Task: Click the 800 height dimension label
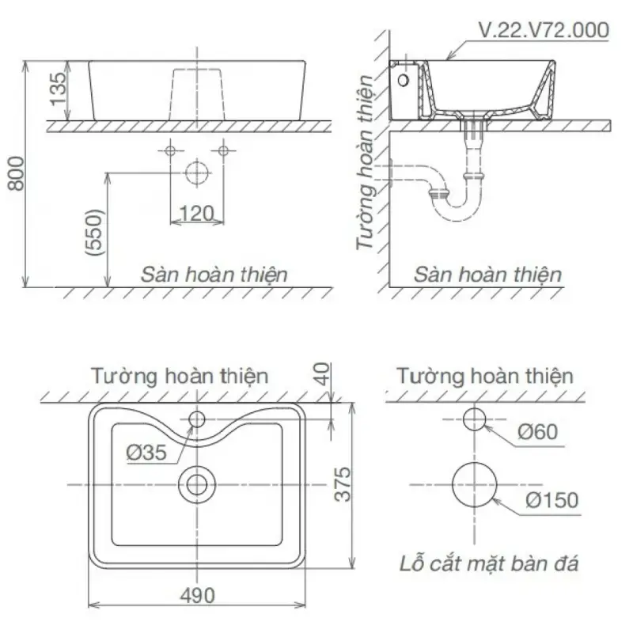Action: pyautogui.click(x=16, y=173)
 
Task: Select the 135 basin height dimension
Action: pyautogui.click(x=58, y=89)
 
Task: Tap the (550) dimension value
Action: pyautogui.click(x=94, y=232)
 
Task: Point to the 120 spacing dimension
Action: pyautogui.click(x=196, y=213)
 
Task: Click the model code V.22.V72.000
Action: pyautogui.click(x=544, y=30)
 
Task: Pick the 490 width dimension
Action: pyautogui.click(x=197, y=596)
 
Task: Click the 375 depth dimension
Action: pyautogui.click(x=343, y=484)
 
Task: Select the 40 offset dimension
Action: pyautogui.click(x=322, y=374)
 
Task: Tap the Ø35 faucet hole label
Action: pyautogui.click(x=146, y=453)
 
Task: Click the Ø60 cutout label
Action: pyautogui.click(x=538, y=432)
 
